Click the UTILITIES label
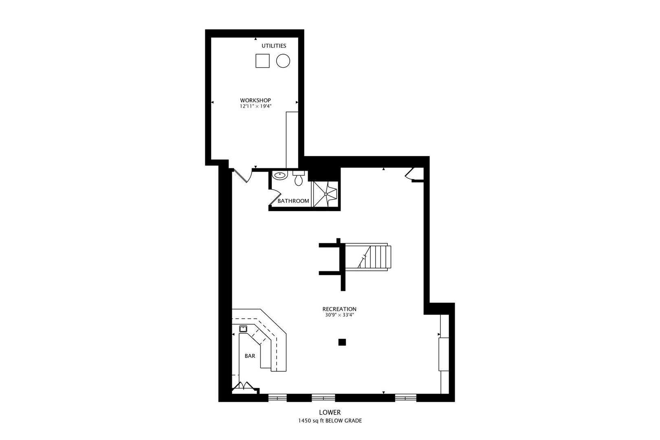pos(274,46)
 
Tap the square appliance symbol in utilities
pos(262,61)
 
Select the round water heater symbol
pos(283,61)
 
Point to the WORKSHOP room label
pos(255,100)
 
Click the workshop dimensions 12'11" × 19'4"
pos(255,106)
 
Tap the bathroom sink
pos(279,176)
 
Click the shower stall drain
pos(326,194)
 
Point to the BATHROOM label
pos(293,201)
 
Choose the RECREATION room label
pos(339,309)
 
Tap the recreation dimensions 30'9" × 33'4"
pos(339,315)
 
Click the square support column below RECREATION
pos(342,342)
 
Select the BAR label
pos(250,356)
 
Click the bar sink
pos(243,328)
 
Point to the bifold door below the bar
pos(245,386)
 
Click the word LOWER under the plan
pos(330,413)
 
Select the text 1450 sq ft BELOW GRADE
pos(330,421)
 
